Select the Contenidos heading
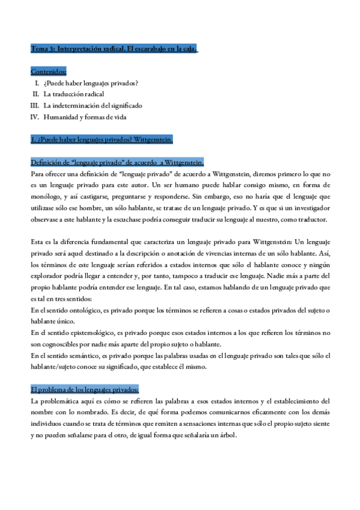coord(49,72)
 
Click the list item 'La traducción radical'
coord(73,94)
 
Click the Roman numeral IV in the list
coord(35,117)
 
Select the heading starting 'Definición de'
coord(117,162)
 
